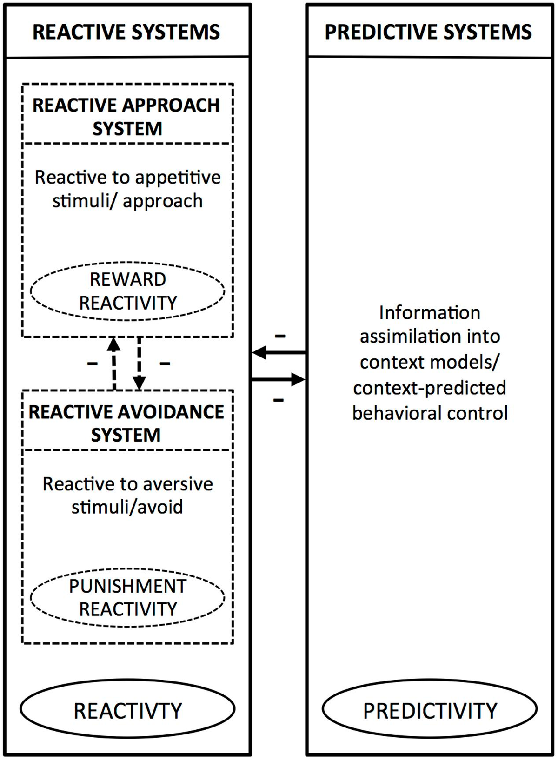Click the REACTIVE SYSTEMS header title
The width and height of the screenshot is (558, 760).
point(126,32)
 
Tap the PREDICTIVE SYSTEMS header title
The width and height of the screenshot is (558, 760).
point(428,32)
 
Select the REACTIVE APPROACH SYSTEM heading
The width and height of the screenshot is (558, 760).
point(126,117)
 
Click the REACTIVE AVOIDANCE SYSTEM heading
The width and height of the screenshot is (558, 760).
point(126,423)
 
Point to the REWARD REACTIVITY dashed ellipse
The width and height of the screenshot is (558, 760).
point(127,291)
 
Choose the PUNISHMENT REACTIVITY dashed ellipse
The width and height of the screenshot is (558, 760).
point(127,598)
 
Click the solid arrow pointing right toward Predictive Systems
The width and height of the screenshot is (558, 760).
point(278,380)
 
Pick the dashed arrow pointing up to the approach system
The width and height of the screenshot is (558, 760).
point(114,363)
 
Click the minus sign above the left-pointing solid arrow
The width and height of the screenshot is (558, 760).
point(280,336)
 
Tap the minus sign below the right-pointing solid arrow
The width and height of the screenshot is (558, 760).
point(278,400)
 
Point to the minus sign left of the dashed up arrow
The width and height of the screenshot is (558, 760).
point(93,363)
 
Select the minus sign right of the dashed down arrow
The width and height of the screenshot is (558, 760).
point(165,363)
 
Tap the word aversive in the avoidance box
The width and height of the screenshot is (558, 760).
point(178,484)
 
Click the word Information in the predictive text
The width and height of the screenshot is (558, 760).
point(430,313)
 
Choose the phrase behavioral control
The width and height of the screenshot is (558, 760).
point(430,413)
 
